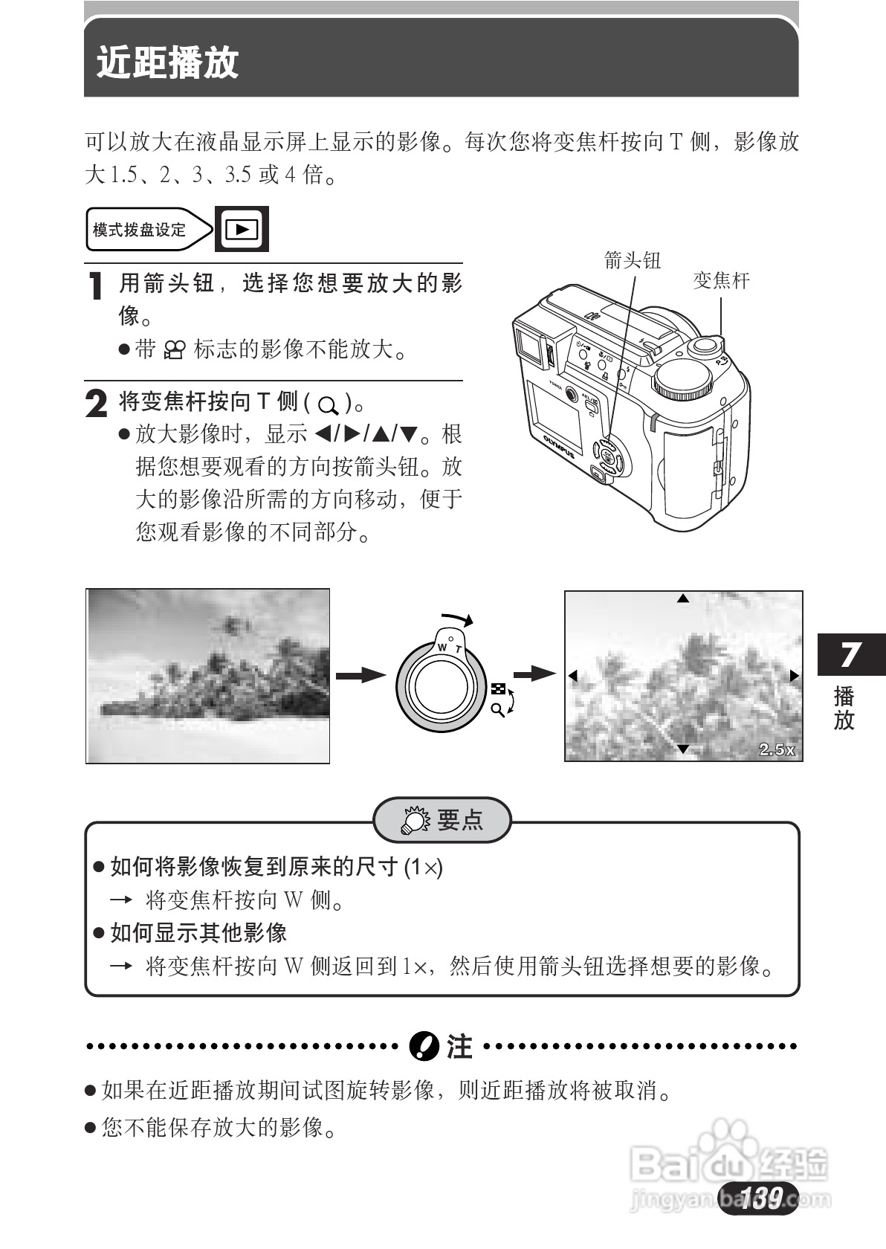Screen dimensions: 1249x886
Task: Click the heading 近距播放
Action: (x=168, y=63)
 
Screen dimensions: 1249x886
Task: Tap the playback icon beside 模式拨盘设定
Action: (x=241, y=230)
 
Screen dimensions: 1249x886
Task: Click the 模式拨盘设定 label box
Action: (x=141, y=230)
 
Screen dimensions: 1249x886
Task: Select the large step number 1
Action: (x=96, y=286)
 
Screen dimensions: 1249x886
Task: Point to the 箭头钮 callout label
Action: (x=632, y=260)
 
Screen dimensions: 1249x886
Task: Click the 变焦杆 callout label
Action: (x=721, y=281)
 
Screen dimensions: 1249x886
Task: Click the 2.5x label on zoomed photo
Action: (x=776, y=749)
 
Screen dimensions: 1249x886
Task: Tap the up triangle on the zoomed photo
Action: (x=683, y=598)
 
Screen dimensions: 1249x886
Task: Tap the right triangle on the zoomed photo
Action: (x=794, y=676)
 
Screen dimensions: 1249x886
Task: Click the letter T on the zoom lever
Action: (x=458, y=650)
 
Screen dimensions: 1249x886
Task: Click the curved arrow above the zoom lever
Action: (x=456, y=619)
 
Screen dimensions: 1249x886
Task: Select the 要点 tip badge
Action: (x=442, y=820)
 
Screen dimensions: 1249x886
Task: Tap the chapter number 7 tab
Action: (x=851, y=654)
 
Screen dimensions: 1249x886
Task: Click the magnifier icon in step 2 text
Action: (x=327, y=406)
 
